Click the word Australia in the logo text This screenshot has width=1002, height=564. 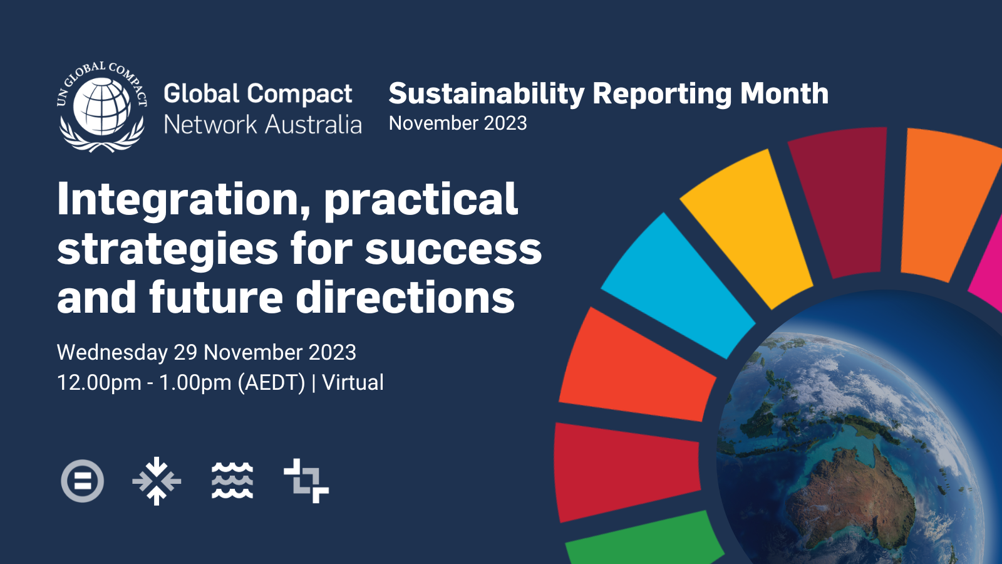(x=313, y=125)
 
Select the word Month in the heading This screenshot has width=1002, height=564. (x=784, y=93)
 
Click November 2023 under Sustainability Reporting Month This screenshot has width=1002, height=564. (x=458, y=123)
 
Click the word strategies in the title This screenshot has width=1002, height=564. (x=168, y=250)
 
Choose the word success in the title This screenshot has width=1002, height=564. (x=453, y=250)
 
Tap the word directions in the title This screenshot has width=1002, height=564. (x=405, y=296)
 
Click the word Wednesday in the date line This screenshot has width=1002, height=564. (x=112, y=353)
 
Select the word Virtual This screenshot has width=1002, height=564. (x=353, y=383)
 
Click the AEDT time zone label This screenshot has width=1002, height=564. (x=272, y=383)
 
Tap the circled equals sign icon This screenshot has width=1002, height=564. (x=82, y=481)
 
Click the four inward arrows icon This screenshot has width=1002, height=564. (x=157, y=481)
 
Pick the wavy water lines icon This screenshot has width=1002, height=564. (x=232, y=481)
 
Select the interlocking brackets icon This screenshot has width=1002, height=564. (x=306, y=481)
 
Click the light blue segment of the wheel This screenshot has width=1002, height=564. (x=677, y=286)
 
